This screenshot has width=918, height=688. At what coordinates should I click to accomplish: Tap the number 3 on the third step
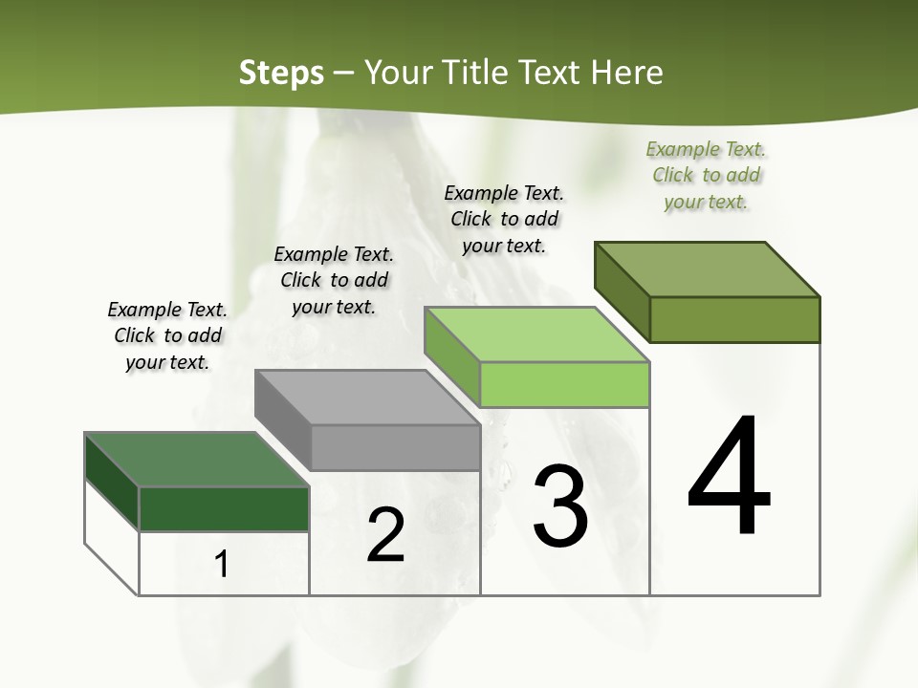[560, 505]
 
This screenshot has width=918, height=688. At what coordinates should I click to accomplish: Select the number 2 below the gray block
[386, 535]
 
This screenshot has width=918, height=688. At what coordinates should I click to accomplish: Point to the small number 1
[222, 565]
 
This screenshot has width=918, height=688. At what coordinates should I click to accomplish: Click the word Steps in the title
[281, 73]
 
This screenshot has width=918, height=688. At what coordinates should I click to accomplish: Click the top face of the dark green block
[195, 459]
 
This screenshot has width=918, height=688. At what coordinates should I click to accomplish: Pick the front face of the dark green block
[224, 508]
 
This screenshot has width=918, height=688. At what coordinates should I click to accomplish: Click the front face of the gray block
[395, 447]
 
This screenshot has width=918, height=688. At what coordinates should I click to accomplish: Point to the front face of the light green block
[564, 384]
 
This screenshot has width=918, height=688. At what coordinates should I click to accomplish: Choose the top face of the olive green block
[707, 269]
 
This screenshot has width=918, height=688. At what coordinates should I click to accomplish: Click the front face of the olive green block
[734, 318]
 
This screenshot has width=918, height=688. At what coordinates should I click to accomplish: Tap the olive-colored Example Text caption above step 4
[706, 176]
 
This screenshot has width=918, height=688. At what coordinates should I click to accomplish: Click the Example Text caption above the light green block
[504, 220]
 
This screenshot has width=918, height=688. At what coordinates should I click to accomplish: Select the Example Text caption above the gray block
[334, 280]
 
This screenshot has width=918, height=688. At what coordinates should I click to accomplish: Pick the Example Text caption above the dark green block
[167, 335]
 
